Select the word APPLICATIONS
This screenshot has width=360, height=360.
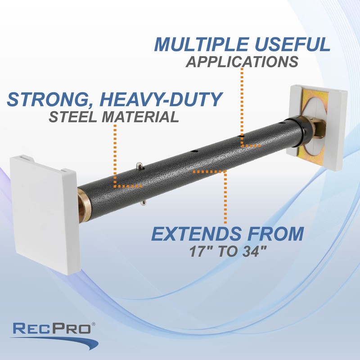pyautogui.click(x=242, y=62)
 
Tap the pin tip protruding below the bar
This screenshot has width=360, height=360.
pyautogui.click(x=144, y=203)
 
